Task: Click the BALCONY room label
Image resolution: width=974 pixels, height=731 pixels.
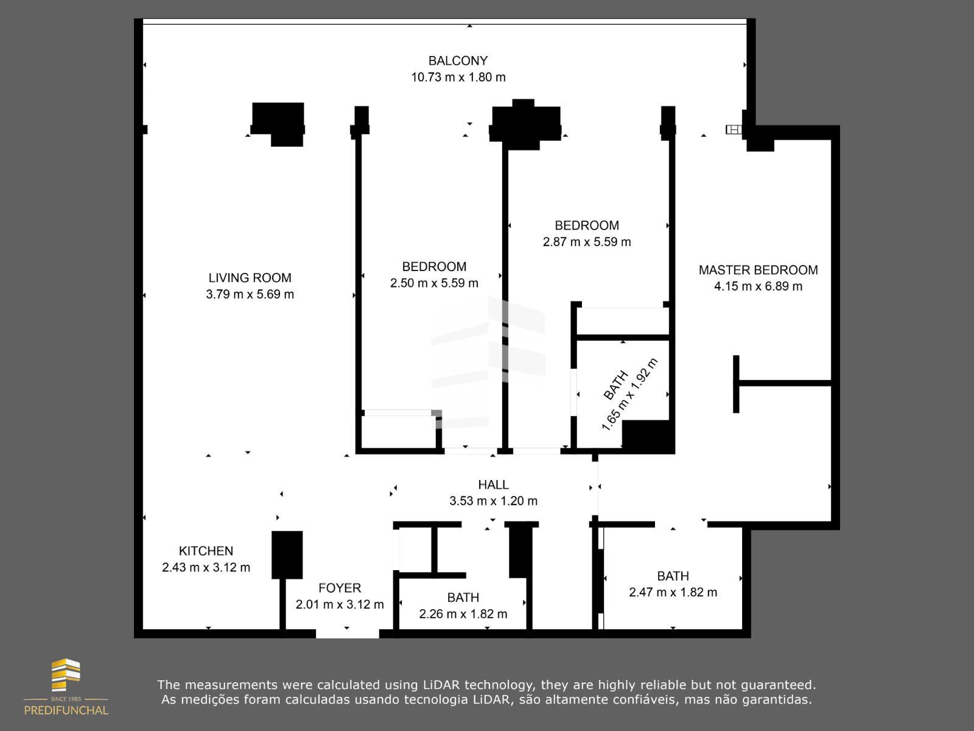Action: pos(458,61)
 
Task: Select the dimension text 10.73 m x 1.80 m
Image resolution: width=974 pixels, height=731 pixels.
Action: pos(458,77)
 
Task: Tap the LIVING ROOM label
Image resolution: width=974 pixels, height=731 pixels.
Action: pos(250,278)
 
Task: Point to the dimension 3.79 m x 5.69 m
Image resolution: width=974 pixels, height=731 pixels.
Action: pos(250,294)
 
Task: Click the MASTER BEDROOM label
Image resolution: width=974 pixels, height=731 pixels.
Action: pos(758,270)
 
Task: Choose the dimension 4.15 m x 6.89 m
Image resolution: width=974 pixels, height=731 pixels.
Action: pos(758,286)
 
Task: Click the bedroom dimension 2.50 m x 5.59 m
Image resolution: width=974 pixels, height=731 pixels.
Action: pos(434,283)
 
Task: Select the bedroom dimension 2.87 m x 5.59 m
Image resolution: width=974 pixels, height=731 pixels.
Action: pos(586,242)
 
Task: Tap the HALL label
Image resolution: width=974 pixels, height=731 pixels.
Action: pos(493,485)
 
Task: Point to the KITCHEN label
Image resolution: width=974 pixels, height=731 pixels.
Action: pos(206,551)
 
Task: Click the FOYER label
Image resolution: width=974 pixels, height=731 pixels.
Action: pos(340,588)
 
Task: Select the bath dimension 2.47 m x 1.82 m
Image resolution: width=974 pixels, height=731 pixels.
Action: pos(673,592)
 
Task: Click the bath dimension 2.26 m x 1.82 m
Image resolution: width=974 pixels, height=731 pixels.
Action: pos(463,614)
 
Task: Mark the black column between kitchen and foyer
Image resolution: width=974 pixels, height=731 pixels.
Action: pos(287,554)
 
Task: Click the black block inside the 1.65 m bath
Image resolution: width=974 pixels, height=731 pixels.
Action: pos(648,436)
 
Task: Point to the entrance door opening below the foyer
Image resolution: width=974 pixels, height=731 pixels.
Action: pos(347,634)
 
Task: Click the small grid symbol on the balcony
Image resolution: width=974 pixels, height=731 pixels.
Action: pos(734,129)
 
